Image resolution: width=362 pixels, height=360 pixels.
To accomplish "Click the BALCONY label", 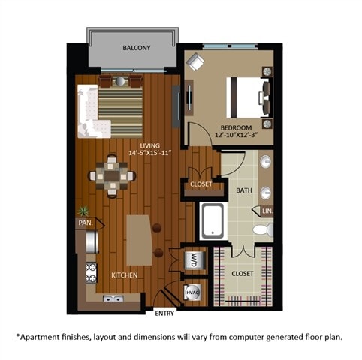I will point(137,49).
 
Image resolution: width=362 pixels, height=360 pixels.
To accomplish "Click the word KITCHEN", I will point(125,275).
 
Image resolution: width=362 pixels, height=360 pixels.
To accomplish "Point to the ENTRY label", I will point(164,313).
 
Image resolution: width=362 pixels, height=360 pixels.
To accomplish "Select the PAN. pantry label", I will point(83,223).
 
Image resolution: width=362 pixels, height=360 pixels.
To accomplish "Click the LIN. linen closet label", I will point(267,212).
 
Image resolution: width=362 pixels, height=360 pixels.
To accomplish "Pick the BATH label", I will point(244,190).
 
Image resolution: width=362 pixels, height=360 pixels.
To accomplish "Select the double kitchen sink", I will point(115,298).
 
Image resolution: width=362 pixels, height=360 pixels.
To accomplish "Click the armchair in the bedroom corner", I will point(197,64).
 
